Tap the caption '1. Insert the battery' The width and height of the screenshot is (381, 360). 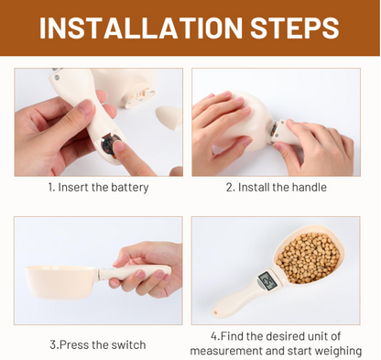[98, 188]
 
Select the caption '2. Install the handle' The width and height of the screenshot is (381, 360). [276, 188]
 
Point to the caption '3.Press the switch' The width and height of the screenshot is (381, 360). [97, 344]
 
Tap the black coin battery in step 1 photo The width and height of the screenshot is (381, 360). [112, 146]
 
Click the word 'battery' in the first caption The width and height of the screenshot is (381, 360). [128, 188]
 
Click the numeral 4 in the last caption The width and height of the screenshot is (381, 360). [214, 336]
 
